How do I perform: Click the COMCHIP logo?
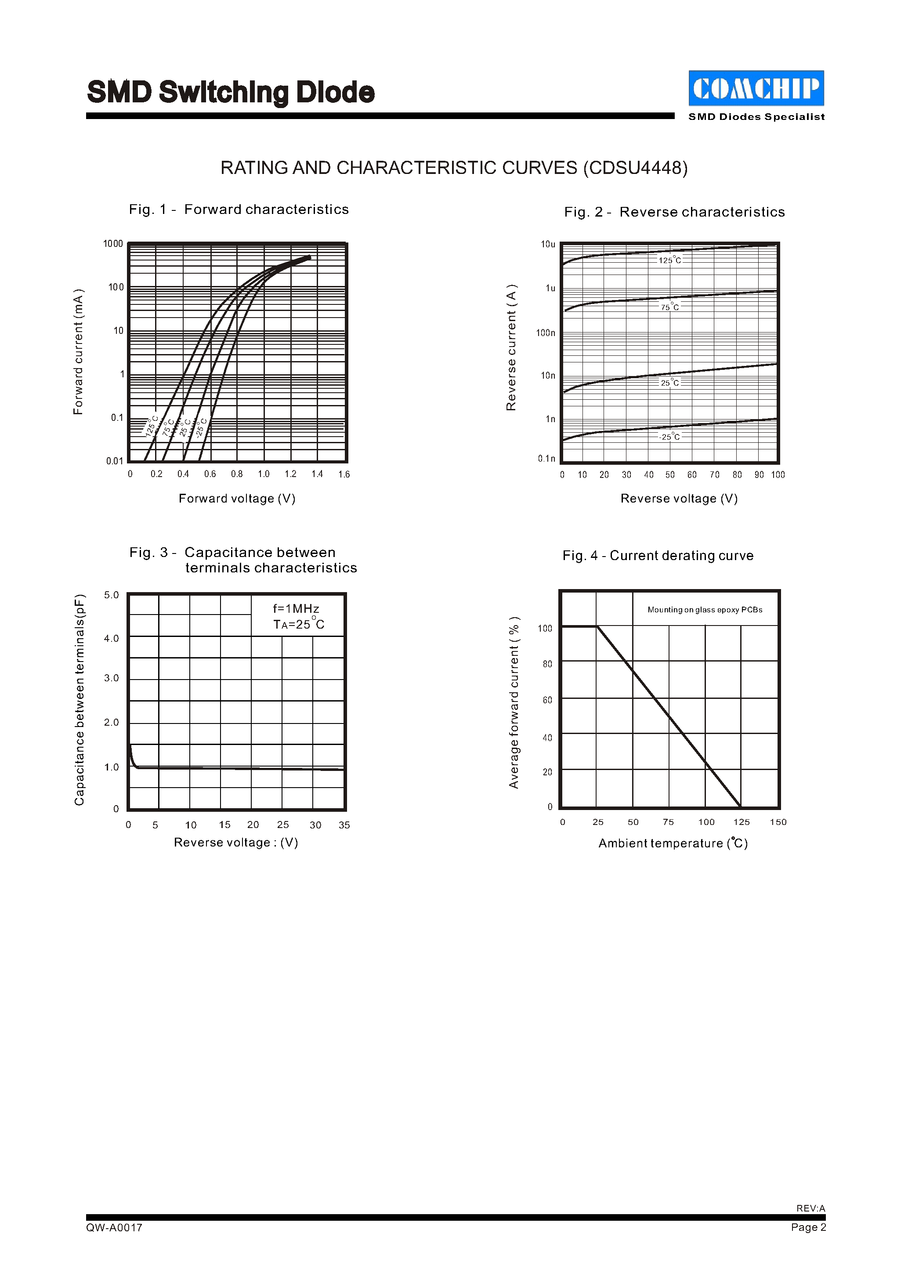tap(756, 88)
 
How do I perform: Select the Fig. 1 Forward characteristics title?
tap(239, 209)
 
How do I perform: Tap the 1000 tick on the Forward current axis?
tap(113, 244)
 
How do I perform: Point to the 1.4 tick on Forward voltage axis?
tap(317, 474)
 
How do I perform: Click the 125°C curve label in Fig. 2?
tap(670, 260)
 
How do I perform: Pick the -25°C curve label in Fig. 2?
tap(670, 436)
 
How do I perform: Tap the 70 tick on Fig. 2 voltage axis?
tap(715, 475)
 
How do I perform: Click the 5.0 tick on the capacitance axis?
tap(111, 595)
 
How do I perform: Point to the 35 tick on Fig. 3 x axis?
tap(344, 825)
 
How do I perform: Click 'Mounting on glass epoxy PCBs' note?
tap(705, 610)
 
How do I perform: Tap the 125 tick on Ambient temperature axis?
tap(742, 822)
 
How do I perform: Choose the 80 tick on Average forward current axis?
tap(547, 664)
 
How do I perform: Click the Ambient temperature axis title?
tap(673, 843)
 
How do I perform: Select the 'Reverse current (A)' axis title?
tap(511, 347)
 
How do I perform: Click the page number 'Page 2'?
tap(808, 1227)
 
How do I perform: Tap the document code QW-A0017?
tap(114, 1227)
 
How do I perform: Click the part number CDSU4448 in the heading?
tap(635, 168)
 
